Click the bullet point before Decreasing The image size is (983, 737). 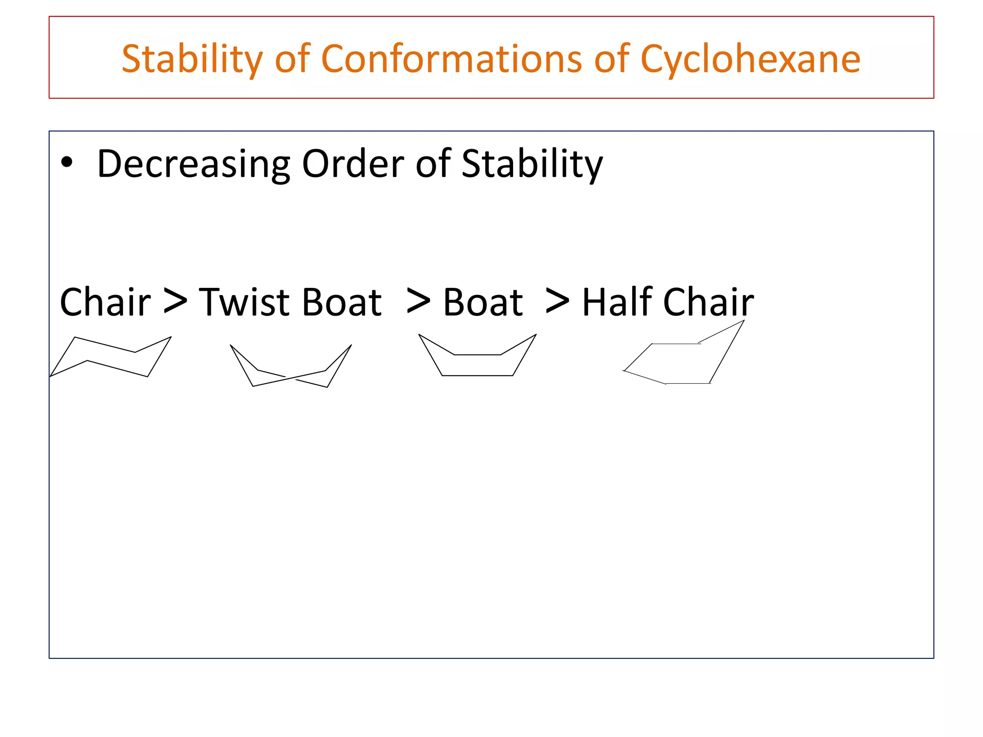(x=67, y=163)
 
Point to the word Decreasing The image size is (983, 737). (x=193, y=164)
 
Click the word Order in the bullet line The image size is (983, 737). (x=353, y=164)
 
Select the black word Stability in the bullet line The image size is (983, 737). (x=531, y=164)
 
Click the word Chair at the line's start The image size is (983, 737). (x=105, y=302)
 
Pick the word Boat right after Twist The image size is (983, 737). (x=342, y=302)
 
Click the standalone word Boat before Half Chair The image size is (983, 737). (x=482, y=302)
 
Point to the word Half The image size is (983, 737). (x=617, y=302)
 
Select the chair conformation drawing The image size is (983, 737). (x=111, y=357)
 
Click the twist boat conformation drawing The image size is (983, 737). (x=291, y=367)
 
